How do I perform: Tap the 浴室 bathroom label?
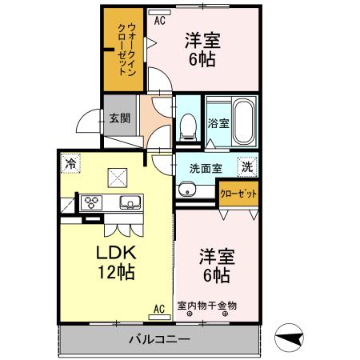click(x=218, y=124)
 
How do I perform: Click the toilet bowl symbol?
click(x=189, y=125)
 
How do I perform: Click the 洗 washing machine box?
click(x=248, y=168)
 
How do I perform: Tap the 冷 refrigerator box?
click(x=71, y=163)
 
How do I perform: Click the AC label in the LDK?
click(x=158, y=308)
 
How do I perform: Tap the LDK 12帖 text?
click(x=117, y=261)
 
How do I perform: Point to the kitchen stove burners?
click(x=90, y=202)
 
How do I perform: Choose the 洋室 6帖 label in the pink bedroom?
click(x=214, y=266)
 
